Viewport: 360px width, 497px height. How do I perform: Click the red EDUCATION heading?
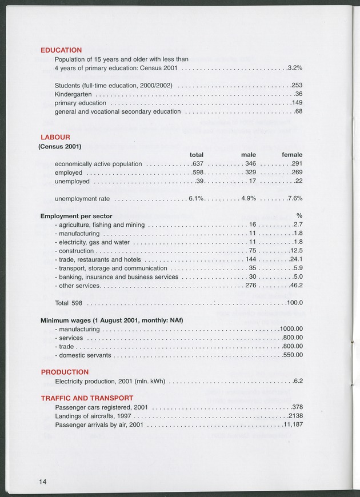(x=61, y=50)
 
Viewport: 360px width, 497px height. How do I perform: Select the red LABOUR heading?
(x=55, y=137)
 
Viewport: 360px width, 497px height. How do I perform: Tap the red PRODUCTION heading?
(x=65, y=372)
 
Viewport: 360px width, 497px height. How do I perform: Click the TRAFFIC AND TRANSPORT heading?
(x=87, y=398)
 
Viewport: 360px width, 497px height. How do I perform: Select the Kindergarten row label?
(x=73, y=94)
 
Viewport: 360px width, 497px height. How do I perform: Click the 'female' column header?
(x=292, y=155)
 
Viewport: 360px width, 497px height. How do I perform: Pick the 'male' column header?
(x=248, y=155)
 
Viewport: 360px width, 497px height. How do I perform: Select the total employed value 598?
(x=198, y=173)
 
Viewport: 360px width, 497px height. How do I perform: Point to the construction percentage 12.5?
(x=296, y=251)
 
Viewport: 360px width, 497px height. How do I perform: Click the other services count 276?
(x=250, y=285)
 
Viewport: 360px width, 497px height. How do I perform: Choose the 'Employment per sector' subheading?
(x=76, y=217)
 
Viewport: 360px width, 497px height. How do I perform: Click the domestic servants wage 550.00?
(x=293, y=355)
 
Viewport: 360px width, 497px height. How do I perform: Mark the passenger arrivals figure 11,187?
(x=293, y=425)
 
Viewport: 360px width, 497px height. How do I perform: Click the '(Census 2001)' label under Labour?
(x=59, y=146)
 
